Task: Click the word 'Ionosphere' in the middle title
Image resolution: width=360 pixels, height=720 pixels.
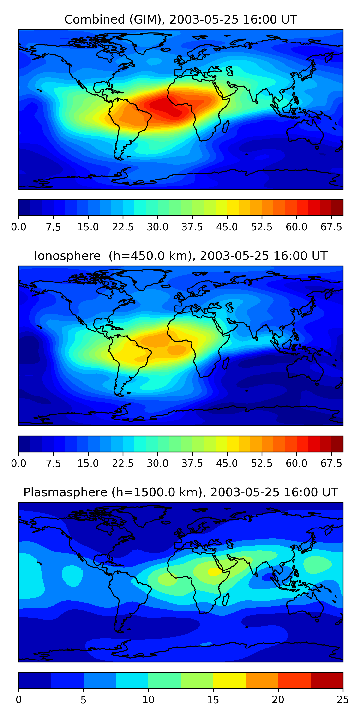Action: coord(67,256)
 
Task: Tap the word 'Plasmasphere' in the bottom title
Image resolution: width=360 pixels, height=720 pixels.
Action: coord(65,492)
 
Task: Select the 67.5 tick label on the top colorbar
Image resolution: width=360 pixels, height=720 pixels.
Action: coord(331,227)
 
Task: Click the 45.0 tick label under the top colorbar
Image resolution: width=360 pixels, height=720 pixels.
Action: coord(227,227)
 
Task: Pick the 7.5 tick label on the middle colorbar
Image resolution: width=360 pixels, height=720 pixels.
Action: coord(53,463)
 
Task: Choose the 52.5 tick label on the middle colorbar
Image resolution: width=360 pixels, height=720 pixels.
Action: coord(262,463)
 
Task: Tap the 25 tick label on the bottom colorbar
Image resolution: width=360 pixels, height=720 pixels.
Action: coord(343,700)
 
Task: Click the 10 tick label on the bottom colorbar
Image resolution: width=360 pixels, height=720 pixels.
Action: coord(148,700)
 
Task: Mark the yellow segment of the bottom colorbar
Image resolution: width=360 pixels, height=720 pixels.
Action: coord(229,680)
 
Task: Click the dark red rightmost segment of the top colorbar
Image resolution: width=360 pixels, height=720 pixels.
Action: coord(337,207)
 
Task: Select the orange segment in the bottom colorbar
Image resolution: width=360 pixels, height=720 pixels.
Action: coord(262,680)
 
